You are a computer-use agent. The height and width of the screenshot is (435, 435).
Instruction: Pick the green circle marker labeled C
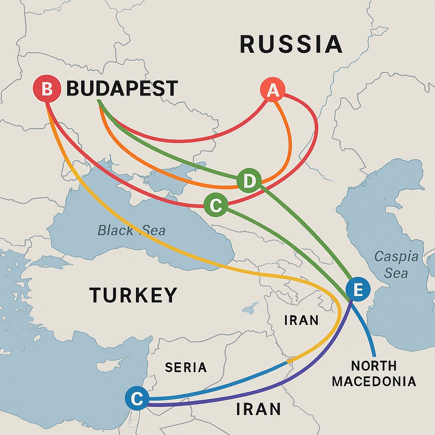tap(215, 206)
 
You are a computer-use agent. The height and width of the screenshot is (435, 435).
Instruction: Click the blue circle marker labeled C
tap(137, 398)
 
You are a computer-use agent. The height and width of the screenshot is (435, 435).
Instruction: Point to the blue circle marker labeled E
tap(358, 290)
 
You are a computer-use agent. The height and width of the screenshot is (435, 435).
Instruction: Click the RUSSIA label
tap(291, 45)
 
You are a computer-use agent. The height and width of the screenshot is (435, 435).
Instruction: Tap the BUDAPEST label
tap(122, 89)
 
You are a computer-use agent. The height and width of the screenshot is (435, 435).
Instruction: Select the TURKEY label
tap(133, 295)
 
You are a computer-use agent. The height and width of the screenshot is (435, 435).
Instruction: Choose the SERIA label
tap(186, 367)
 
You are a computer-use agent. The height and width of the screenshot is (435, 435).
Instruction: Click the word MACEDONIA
tap(374, 381)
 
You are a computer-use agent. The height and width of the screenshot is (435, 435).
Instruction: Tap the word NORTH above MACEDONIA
tap(374, 365)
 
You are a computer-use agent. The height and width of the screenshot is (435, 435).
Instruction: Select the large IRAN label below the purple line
tap(258, 409)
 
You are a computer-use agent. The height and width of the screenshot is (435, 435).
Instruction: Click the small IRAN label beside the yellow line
tap(301, 320)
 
